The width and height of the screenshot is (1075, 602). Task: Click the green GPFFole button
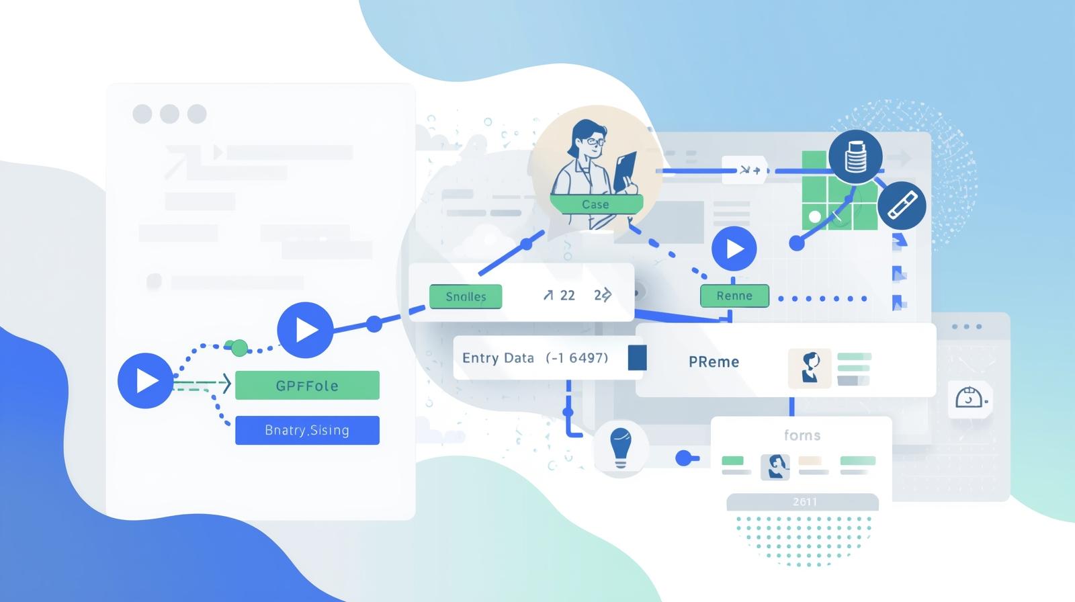(307, 386)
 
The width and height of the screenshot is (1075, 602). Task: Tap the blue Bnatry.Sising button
(307, 430)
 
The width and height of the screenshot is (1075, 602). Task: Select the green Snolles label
(466, 296)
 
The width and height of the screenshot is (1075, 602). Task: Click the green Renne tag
(734, 296)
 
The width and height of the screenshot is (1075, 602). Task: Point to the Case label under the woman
(596, 204)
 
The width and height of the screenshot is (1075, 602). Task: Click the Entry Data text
(498, 358)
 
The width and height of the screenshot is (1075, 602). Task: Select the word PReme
(714, 362)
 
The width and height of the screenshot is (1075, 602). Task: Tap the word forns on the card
(802, 435)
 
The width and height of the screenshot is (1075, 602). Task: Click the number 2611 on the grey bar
(804, 502)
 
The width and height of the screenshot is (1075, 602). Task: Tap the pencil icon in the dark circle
(902, 206)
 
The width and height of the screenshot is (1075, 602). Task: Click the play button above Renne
(734, 249)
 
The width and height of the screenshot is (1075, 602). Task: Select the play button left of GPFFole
(145, 380)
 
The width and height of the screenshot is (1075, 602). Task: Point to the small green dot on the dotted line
(239, 347)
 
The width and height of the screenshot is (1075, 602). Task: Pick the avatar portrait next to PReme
(810, 368)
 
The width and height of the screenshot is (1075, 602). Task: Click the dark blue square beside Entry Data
(637, 357)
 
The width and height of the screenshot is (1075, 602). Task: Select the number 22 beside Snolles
(567, 296)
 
